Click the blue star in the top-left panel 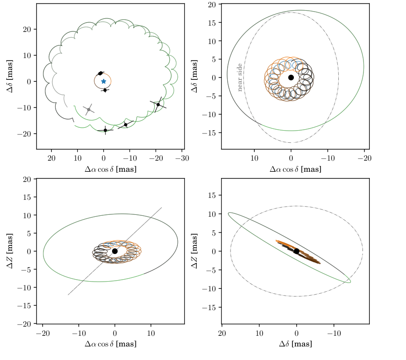coord(103,81)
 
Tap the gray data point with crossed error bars coord(88,110)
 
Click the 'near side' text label coord(240,77)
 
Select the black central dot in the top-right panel coord(291,77)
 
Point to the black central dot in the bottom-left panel coord(115,251)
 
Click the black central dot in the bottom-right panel coord(296,251)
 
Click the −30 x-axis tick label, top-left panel coord(182,158)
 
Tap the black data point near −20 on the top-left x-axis coord(158,105)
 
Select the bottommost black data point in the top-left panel coord(105,130)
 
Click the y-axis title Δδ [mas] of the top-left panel coord(10,76)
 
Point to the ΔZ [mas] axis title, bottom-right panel coord(195,251)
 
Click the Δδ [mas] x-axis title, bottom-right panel coord(295,344)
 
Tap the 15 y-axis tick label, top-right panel coord(212,23)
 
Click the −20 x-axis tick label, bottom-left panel coord(43,333)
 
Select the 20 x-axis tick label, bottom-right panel coord(222,333)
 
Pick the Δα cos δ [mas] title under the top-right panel coord(295,169)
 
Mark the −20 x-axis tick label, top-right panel coord(364,158)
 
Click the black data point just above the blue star coord(100,74)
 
